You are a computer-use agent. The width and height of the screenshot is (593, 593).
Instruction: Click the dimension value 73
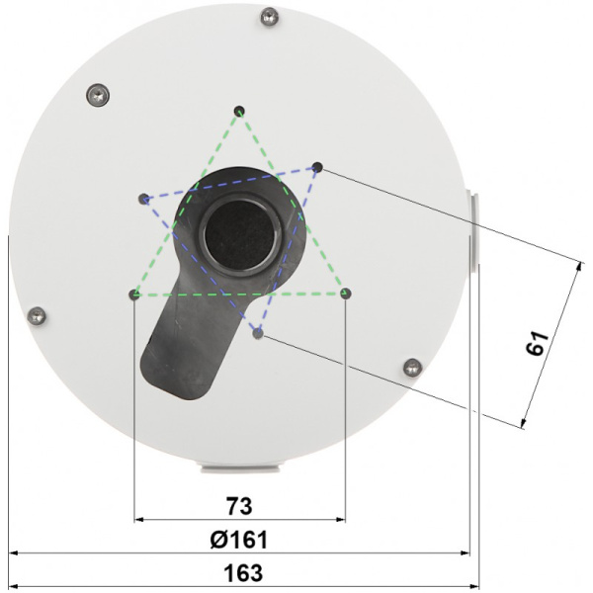coord(238,506)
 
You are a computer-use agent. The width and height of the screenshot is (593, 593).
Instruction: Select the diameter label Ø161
coord(238,540)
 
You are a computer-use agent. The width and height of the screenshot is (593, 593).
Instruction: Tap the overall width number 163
coord(238,573)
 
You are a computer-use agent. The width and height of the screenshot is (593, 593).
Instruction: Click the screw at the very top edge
coord(268,16)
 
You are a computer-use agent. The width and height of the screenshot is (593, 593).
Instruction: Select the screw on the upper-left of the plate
coord(95,94)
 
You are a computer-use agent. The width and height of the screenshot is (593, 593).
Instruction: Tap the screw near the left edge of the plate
coord(37,315)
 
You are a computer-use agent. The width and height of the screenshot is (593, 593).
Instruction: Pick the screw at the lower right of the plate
coord(413,367)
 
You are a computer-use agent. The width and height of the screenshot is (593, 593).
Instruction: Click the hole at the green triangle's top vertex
coord(239,110)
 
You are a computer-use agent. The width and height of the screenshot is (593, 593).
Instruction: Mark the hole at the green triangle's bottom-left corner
coord(133,294)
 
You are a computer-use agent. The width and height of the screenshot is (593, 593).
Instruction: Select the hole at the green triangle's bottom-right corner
coord(345,293)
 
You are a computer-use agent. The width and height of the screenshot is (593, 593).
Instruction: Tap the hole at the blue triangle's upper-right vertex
coord(317,167)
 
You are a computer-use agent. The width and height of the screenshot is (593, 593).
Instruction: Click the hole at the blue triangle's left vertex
coord(143,198)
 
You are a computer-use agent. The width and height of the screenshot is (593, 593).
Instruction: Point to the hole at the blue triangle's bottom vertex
coord(258,334)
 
